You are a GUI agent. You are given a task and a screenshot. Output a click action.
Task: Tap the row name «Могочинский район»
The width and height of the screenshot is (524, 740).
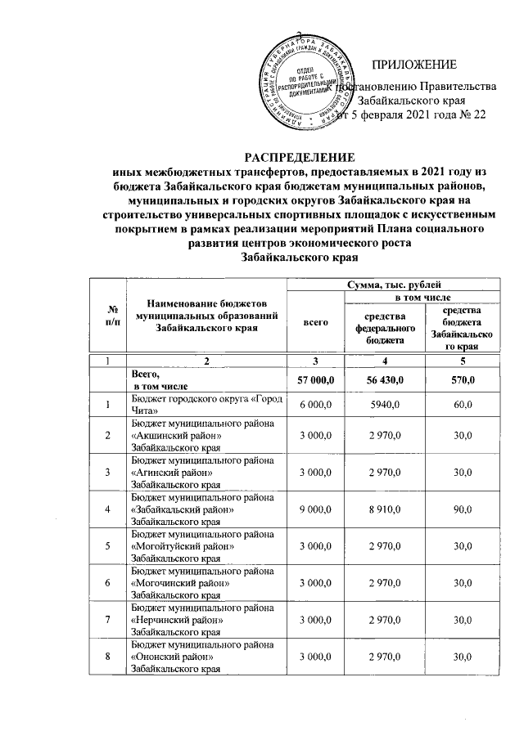coord(174,584)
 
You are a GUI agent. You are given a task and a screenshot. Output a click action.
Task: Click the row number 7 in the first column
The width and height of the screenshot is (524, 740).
coord(110,621)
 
